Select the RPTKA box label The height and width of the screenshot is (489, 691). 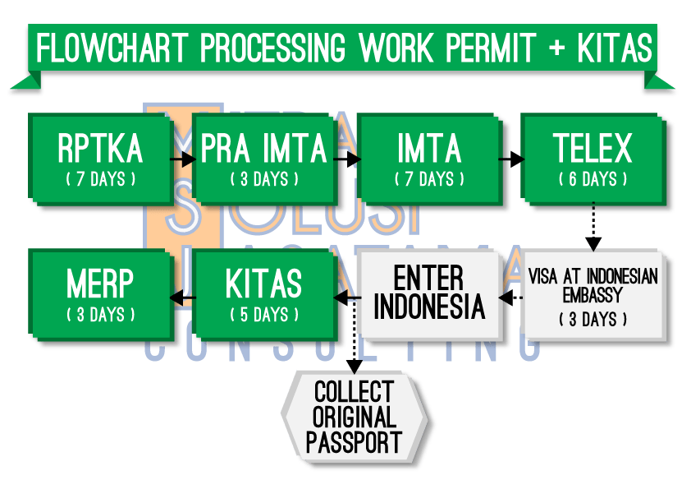(101, 150)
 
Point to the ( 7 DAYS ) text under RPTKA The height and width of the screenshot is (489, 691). (101, 179)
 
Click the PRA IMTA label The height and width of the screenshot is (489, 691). (265, 150)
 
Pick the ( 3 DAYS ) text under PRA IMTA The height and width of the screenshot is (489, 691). (265, 179)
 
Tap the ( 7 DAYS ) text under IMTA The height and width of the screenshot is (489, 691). (429, 179)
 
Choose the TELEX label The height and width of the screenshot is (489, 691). (593, 150)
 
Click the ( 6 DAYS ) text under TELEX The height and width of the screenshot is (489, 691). (593, 179)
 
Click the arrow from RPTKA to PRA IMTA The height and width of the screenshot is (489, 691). (182, 156)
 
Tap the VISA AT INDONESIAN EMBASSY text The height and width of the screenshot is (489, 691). (593, 284)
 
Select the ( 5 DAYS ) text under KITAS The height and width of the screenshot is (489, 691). (265, 315)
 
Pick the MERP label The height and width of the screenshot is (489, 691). (101, 284)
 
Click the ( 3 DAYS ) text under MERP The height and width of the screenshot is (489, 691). (101, 315)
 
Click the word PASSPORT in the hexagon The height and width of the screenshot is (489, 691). (355, 442)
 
